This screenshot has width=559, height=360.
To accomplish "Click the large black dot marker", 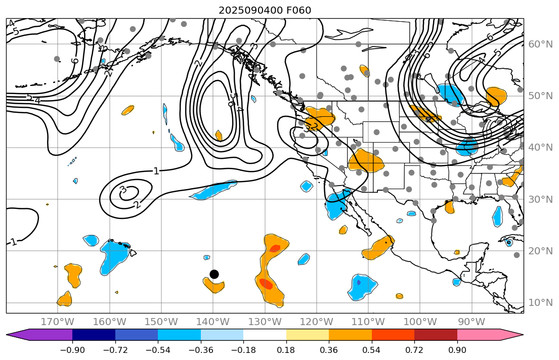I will coord(214,274).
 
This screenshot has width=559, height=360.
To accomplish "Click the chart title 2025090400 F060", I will coord(265,10).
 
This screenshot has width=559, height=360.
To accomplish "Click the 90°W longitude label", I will coord(471,322).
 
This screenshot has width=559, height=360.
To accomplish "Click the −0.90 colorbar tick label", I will coord(72,349).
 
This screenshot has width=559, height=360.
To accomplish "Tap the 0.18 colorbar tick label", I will coord(286,349).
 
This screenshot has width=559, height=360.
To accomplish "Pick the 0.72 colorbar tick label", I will coord(414,349).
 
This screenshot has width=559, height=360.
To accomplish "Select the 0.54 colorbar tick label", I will coord(372,349).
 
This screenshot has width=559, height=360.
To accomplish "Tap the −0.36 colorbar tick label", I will coord(201,349).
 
